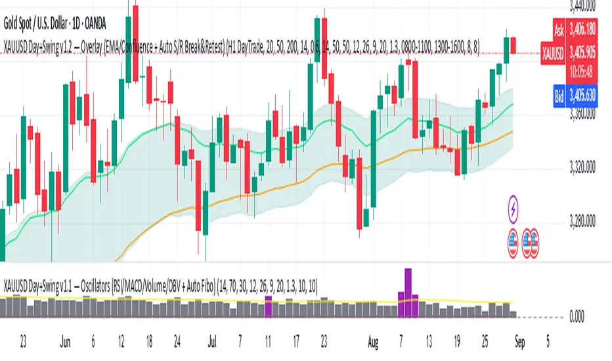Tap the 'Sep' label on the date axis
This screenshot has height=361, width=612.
click(x=519, y=342)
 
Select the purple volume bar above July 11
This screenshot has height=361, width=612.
click(x=268, y=307)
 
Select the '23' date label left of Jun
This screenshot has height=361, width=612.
click(x=24, y=342)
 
